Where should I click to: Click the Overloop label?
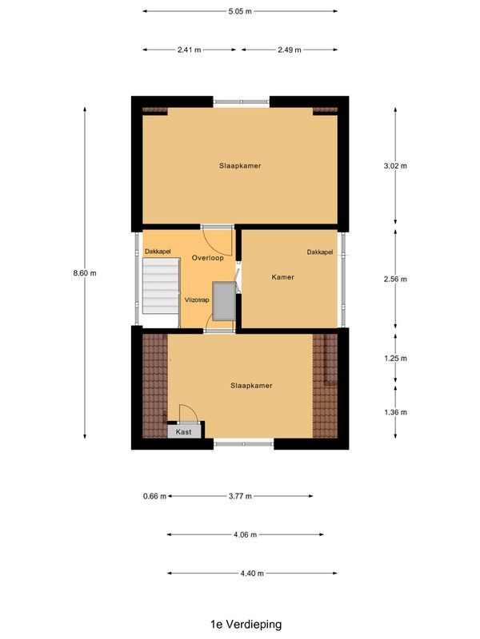point(207,258)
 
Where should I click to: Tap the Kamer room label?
point(282,277)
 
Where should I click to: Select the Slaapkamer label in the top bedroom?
point(240,165)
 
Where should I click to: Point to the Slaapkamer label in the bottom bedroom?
point(251,385)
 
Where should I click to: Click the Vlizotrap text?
point(197,300)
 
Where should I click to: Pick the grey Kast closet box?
point(184,431)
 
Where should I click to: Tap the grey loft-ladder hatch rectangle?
point(223,300)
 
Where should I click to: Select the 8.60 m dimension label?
point(84,273)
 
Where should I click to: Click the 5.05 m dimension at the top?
point(240,11)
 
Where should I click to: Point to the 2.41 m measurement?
point(190,50)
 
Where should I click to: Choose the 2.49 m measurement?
point(289,50)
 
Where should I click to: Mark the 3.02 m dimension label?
point(396,166)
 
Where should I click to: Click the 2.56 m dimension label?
point(396,279)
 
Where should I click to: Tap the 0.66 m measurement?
point(154,496)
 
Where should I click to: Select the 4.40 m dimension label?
point(250,573)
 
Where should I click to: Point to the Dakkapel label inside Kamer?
point(319,252)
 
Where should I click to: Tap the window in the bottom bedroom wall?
point(244,443)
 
